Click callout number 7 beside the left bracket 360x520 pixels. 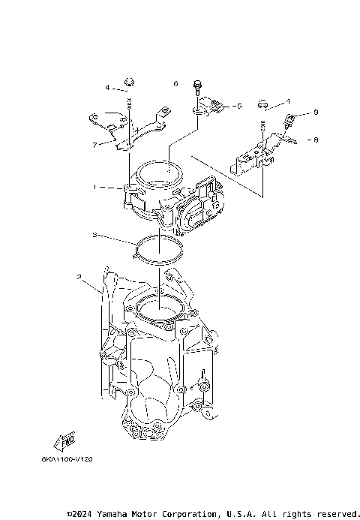(x=94, y=144)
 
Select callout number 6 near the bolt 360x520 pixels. (x=175, y=84)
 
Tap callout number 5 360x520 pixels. (x=238, y=106)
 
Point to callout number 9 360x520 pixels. (x=316, y=112)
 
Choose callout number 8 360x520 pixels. (x=316, y=139)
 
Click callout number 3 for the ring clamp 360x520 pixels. (x=94, y=235)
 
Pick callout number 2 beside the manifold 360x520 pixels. (x=79, y=277)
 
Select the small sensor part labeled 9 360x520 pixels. (x=292, y=117)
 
